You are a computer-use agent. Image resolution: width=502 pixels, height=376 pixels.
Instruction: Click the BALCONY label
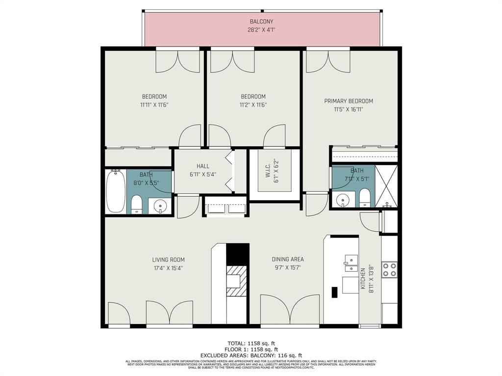point(261,22)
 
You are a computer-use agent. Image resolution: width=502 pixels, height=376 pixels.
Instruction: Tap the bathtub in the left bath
point(116,191)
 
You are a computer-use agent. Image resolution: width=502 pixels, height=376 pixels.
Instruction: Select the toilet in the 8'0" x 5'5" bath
point(136,204)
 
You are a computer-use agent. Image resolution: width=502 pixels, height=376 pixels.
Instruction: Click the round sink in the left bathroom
point(159,207)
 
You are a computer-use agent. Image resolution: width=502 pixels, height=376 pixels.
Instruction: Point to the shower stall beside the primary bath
point(386,186)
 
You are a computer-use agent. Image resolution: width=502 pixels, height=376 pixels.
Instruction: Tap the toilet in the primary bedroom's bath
point(365,199)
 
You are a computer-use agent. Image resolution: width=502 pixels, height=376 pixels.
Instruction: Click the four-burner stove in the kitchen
point(389,270)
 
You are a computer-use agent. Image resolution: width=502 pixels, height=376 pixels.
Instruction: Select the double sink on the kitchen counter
point(351,263)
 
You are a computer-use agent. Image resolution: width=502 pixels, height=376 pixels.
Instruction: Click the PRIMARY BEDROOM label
point(349,101)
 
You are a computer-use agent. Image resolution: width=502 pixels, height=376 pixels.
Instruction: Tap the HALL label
point(203,166)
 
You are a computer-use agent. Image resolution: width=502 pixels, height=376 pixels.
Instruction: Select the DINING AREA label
point(288,259)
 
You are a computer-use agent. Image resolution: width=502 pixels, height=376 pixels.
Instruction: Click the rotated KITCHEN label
point(363,279)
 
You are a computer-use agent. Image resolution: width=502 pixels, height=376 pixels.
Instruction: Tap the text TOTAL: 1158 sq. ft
point(251,343)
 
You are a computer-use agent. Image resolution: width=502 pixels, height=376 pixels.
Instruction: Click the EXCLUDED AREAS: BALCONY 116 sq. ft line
point(251,355)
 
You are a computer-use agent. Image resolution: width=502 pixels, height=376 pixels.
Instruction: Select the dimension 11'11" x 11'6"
point(154,104)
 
